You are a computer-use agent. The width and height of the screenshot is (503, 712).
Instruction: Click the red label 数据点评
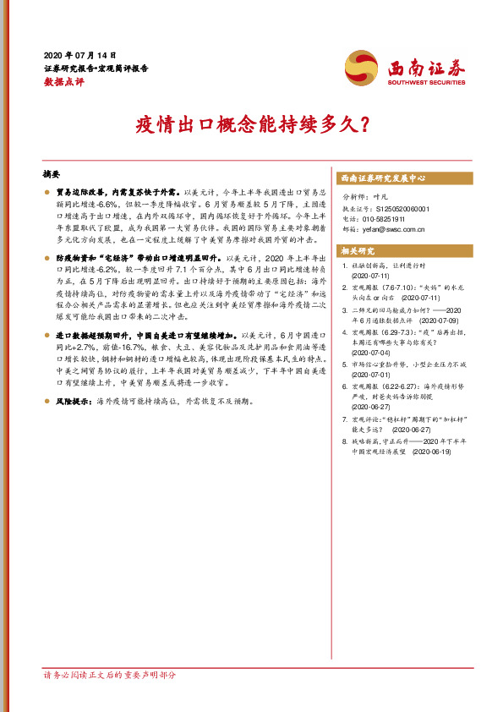(x=64, y=82)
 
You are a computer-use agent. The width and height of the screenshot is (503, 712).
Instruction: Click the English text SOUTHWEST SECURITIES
(x=425, y=83)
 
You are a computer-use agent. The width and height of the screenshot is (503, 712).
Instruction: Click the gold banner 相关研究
(x=358, y=251)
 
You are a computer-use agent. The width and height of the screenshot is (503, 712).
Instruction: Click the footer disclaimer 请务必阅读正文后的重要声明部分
(x=110, y=676)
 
